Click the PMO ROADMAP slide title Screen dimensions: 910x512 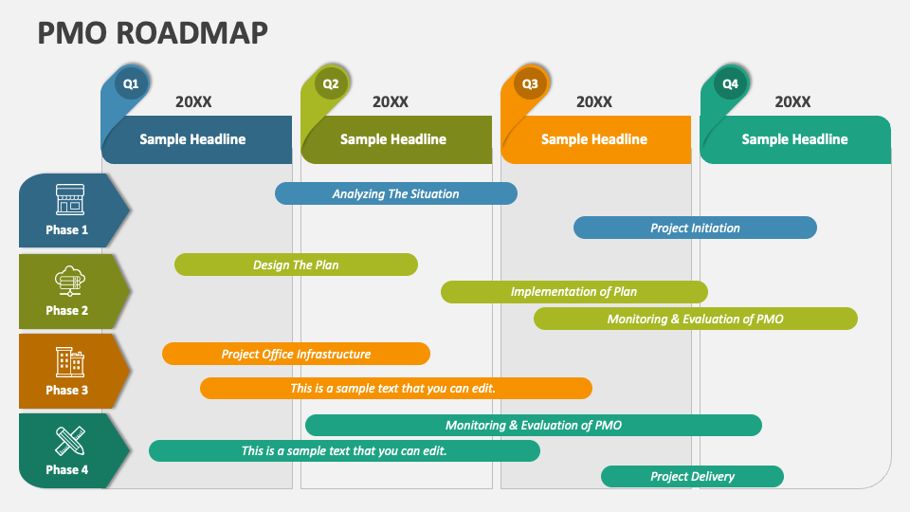click(x=153, y=33)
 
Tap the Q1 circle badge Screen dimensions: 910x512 click(x=131, y=83)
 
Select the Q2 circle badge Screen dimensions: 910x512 click(x=331, y=83)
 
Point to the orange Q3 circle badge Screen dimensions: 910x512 click(x=530, y=83)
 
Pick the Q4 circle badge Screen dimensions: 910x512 click(x=730, y=83)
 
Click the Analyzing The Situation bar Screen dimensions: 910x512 click(x=396, y=193)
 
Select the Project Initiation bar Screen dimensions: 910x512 click(x=695, y=228)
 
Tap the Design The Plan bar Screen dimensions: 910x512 click(x=296, y=265)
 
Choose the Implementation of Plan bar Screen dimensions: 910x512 click(x=574, y=291)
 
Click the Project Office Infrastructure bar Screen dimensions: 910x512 click(x=296, y=354)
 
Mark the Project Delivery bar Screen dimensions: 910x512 click(x=692, y=477)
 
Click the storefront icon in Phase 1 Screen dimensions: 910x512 click(x=69, y=200)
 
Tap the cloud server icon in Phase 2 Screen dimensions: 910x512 click(x=69, y=281)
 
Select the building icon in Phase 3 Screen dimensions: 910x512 click(x=69, y=361)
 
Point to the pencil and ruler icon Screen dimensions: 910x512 click(x=69, y=441)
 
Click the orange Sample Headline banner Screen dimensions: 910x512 click(x=596, y=139)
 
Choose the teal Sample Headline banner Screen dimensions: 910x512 click(x=795, y=139)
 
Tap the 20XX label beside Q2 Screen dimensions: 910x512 click(x=390, y=101)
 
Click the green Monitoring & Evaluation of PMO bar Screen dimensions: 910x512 click(x=695, y=319)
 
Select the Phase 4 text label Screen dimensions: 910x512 click(x=66, y=469)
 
